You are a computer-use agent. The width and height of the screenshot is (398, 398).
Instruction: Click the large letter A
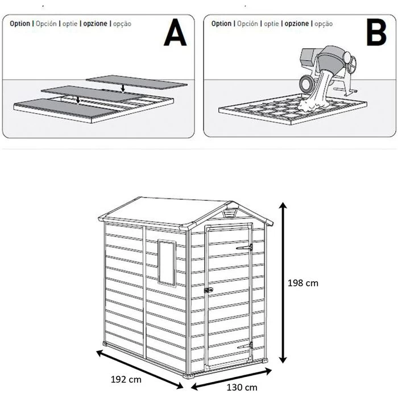pos(175,32)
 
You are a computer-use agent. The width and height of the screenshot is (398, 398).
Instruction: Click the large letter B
pos(376,32)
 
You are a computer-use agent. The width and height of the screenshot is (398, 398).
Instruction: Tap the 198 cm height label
pos(303,283)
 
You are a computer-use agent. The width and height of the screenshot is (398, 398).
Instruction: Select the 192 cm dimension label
pos(126,379)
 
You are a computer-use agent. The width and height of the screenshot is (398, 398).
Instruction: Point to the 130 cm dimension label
pos(242,388)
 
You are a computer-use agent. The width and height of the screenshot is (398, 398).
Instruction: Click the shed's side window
pos(167,263)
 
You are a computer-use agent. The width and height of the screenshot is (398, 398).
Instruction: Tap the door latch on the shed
pos(209,290)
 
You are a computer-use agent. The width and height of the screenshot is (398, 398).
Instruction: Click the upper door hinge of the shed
pos(244,247)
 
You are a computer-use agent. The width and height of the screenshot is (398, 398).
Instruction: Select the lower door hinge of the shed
pos(245,346)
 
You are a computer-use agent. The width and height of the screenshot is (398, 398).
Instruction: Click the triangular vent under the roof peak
pos(231,213)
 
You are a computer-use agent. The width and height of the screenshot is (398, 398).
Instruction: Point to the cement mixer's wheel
pos(307,83)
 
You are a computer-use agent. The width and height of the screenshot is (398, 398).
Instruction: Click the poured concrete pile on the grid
pos(313,104)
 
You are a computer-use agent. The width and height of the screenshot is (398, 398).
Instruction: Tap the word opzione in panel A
pos(95,24)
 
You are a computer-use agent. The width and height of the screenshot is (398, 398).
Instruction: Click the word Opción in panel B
pos(247,24)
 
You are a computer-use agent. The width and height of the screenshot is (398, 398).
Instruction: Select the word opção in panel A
pos(122,24)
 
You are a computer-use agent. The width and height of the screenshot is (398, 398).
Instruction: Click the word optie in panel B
pos(271,24)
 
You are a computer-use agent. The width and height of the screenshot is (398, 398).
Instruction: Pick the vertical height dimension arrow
pos(283,283)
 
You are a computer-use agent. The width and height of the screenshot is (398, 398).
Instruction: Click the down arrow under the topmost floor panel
pos(123,88)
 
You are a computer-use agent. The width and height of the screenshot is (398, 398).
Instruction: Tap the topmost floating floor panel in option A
pos(136,82)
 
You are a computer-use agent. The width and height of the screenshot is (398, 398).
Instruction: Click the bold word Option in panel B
pos(221,24)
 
